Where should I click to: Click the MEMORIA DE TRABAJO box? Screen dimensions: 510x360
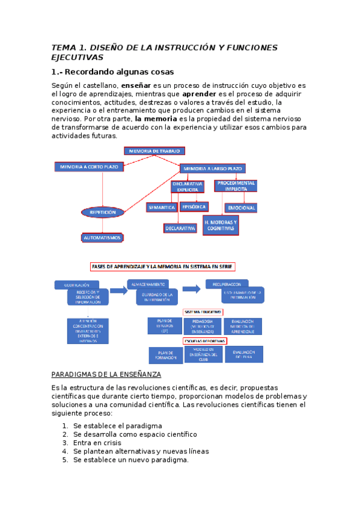point(154,151)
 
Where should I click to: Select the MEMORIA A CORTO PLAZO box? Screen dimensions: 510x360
point(88,166)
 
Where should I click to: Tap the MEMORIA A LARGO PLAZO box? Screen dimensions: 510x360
point(213,169)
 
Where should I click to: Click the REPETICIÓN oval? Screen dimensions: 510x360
point(103,212)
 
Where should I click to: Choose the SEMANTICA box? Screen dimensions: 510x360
point(161,207)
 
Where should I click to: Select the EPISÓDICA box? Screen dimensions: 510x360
point(194,206)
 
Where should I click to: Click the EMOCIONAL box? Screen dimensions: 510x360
point(241,208)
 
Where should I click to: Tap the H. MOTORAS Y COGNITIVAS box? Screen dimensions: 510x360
point(221,225)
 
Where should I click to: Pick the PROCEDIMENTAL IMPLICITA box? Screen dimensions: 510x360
point(236,185)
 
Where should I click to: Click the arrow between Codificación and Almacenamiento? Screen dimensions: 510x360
point(118,290)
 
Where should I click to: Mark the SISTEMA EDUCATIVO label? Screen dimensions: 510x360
point(203,312)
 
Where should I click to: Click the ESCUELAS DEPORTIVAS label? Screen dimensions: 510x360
point(204,341)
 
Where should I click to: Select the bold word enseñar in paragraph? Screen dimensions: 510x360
point(135,86)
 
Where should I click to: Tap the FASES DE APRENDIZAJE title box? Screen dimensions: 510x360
point(162,266)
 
